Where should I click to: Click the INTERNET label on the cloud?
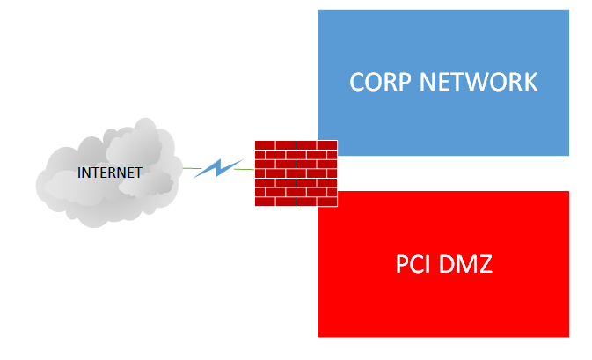(x=110, y=173)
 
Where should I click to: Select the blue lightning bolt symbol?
(x=216, y=167)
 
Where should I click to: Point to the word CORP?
(x=379, y=82)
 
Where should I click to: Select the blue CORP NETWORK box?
(x=443, y=44)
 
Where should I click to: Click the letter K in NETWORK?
(x=528, y=82)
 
